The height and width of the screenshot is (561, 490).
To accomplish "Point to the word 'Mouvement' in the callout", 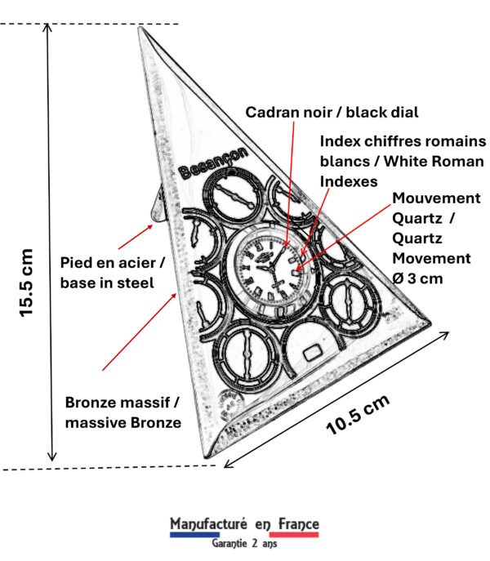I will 434,198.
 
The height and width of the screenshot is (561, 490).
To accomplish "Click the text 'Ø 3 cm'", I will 418,278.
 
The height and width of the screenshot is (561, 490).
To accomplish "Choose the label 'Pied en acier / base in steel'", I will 116,273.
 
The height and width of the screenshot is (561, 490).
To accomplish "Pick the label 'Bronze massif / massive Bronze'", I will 122,412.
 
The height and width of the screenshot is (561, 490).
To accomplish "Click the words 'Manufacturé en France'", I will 244,523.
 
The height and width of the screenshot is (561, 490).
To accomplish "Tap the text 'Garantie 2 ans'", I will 244,544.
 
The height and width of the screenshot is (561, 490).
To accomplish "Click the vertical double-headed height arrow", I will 52,245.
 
